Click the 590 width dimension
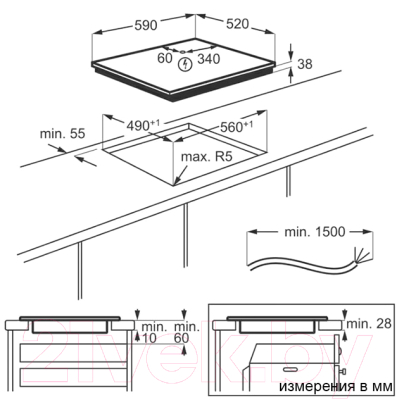[145, 25]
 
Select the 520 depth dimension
[237, 24]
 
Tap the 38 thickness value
[305, 64]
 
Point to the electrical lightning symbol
[184, 64]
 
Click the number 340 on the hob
[209, 59]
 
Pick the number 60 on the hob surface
[165, 58]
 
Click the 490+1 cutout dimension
[143, 125]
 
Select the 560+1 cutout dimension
[237, 126]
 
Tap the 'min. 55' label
[63, 134]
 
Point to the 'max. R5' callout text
[206, 157]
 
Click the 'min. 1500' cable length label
[310, 232]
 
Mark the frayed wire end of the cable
[361, 255]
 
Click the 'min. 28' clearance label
[369, 323]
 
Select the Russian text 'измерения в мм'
[336, 387]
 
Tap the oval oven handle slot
[290, 369]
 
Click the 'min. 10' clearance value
[149, 332]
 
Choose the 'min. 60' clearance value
[187, 332]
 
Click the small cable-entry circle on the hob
[182, 52]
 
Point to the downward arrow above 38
[291, 52]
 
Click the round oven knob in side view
[340, 350]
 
